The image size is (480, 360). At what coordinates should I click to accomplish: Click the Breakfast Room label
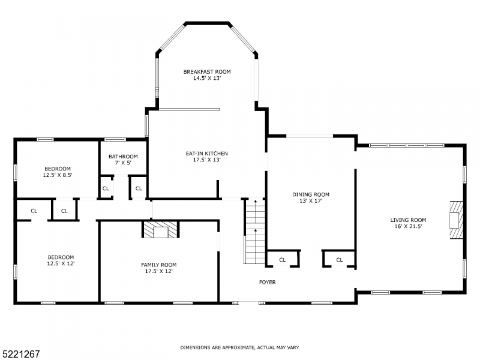point(207,72)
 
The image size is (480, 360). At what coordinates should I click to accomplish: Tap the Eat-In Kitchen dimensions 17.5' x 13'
point(206,160)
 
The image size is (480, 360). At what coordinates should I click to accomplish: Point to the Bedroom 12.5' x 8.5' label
point(58,169)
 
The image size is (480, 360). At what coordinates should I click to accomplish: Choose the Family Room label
point(158,265)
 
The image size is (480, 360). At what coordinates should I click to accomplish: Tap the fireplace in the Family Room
point(160,230)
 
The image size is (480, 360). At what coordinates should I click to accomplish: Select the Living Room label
point(408,220)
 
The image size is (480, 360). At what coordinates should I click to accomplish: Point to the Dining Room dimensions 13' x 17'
point(311,201)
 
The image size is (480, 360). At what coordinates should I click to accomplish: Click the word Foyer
point(267,282)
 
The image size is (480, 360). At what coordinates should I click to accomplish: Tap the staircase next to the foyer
point(254,231)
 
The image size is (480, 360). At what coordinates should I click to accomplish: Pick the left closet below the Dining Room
point(282,259)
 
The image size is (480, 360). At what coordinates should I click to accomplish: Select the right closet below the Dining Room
point(339,259)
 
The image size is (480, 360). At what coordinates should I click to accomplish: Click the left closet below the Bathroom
point(106,188)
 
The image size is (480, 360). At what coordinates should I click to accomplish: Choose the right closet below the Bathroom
point(139,188)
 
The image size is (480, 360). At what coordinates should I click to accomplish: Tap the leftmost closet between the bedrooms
point(34,211)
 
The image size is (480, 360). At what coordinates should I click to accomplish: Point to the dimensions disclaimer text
point(240,347)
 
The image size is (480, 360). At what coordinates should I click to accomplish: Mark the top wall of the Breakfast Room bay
point(208,24)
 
